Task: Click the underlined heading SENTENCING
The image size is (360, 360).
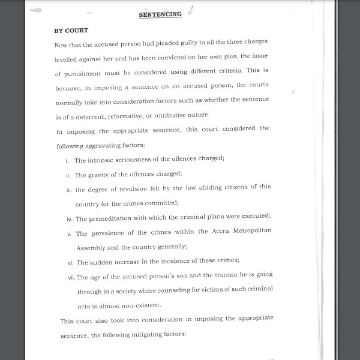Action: click(x=160, y=14)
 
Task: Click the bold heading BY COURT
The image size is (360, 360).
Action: click(x=71, y=30)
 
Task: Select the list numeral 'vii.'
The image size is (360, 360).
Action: click(x=71, y=277)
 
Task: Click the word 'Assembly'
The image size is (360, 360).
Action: click(x=91, y=247)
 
